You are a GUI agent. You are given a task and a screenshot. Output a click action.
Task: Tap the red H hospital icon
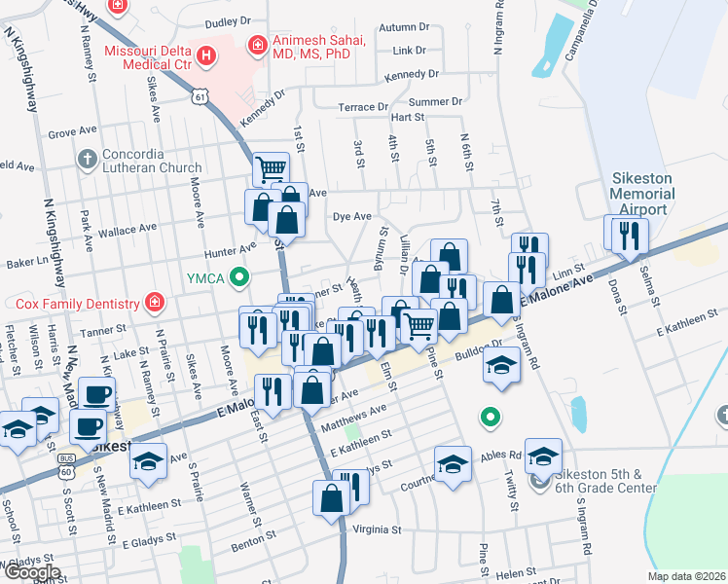pos(205,55)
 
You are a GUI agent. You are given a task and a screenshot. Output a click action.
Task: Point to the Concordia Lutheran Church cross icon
pos(87,158)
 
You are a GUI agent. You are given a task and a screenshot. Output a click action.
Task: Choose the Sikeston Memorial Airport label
pos(641,195)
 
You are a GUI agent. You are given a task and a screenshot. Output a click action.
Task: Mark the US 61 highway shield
pos(200,96)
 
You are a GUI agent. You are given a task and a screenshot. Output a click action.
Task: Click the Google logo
pos(31,571)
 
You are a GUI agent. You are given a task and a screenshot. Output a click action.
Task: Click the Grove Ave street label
pos(68,132)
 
